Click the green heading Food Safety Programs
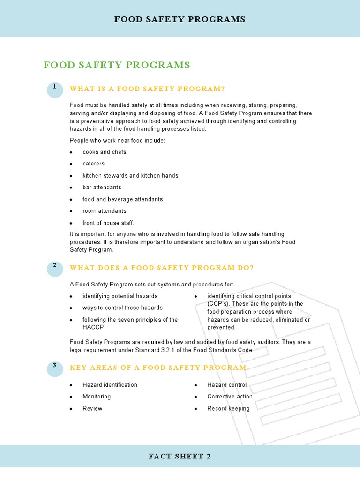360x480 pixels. (x=117, y=65)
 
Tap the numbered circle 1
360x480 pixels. (x=55, y=89)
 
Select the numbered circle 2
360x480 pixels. (x=55, y=268)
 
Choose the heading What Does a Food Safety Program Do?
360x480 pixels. (x=162, y=268)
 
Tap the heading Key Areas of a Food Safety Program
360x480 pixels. (x=158, y=367)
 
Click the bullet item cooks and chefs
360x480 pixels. (x=104, y=152)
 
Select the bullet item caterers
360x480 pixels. (x=94, y=164)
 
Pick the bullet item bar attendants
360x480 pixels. (x=102, y=187)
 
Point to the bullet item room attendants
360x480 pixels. (x=105, y=211)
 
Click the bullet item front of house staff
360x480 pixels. (x=108, y=223)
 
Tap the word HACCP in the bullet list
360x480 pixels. (x=93, y=327)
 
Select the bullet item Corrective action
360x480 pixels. (x=230, y=397)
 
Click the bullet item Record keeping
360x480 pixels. (x=228, y=409)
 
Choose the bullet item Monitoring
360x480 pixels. (x=97, y=397)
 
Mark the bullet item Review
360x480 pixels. (x=92, y=409)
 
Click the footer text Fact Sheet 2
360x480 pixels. (x=180, y=457)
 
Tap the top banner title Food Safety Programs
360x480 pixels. (x=180, y=19)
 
